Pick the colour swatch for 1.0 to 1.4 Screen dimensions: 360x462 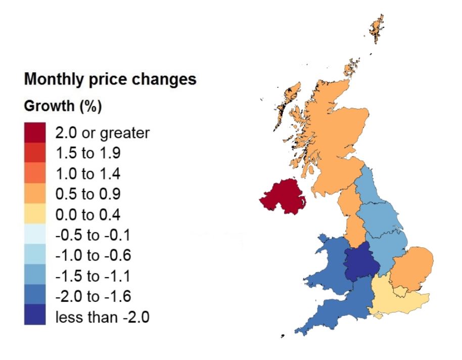pyautogui.click(x=35, y=174)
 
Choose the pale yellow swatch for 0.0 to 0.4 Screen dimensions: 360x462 pyautogui.click(x=35, y=215)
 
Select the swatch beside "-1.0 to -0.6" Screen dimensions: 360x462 pyautogui.click(x=35, y=256)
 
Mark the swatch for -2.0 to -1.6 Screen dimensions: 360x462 pyautogui.click(x=35, y=297)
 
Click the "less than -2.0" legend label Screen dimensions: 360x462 pyautogui.click(x=102, y=318)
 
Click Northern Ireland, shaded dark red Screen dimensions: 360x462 pyautogui.click(x=283, y=198)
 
